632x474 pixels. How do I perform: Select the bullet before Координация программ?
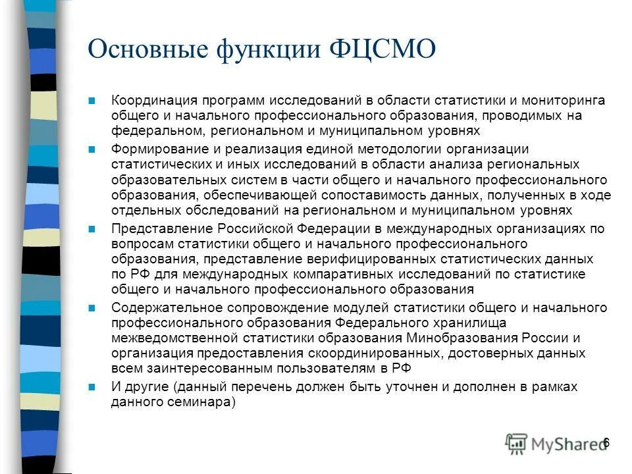point(92,101)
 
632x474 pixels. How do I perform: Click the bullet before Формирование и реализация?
point(92,149)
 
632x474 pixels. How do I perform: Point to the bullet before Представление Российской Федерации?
point(92,229)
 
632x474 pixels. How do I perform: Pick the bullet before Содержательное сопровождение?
point(92,308)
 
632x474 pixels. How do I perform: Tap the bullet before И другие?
point(92,387)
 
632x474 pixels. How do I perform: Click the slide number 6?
point(606,442)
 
